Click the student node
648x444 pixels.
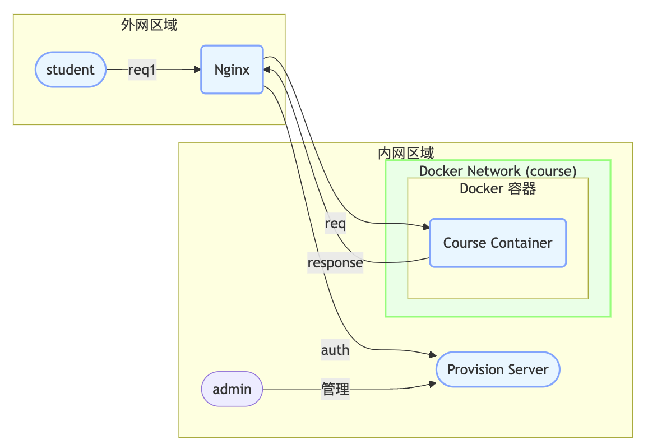point(70,70)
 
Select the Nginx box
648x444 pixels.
point(232,70)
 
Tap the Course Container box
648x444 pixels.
point(498,243)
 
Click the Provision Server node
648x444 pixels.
point(498,369)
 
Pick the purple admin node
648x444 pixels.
point(232,388)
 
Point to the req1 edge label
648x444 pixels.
point(142,70)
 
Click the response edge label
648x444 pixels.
point(335,262)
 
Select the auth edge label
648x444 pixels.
point(335,350)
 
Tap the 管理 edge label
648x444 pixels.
point(335,389)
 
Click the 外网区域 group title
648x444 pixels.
point(149,24)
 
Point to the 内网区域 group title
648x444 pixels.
point(406,152)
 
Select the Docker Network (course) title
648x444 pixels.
point(498,171)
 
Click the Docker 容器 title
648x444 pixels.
point(498,188)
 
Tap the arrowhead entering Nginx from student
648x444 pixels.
point(197,70)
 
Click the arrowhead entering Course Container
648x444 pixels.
point(426,226)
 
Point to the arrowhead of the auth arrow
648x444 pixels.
point(433,355)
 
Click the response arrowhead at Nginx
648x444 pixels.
point(267,69)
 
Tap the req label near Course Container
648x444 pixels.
point(335,224)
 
